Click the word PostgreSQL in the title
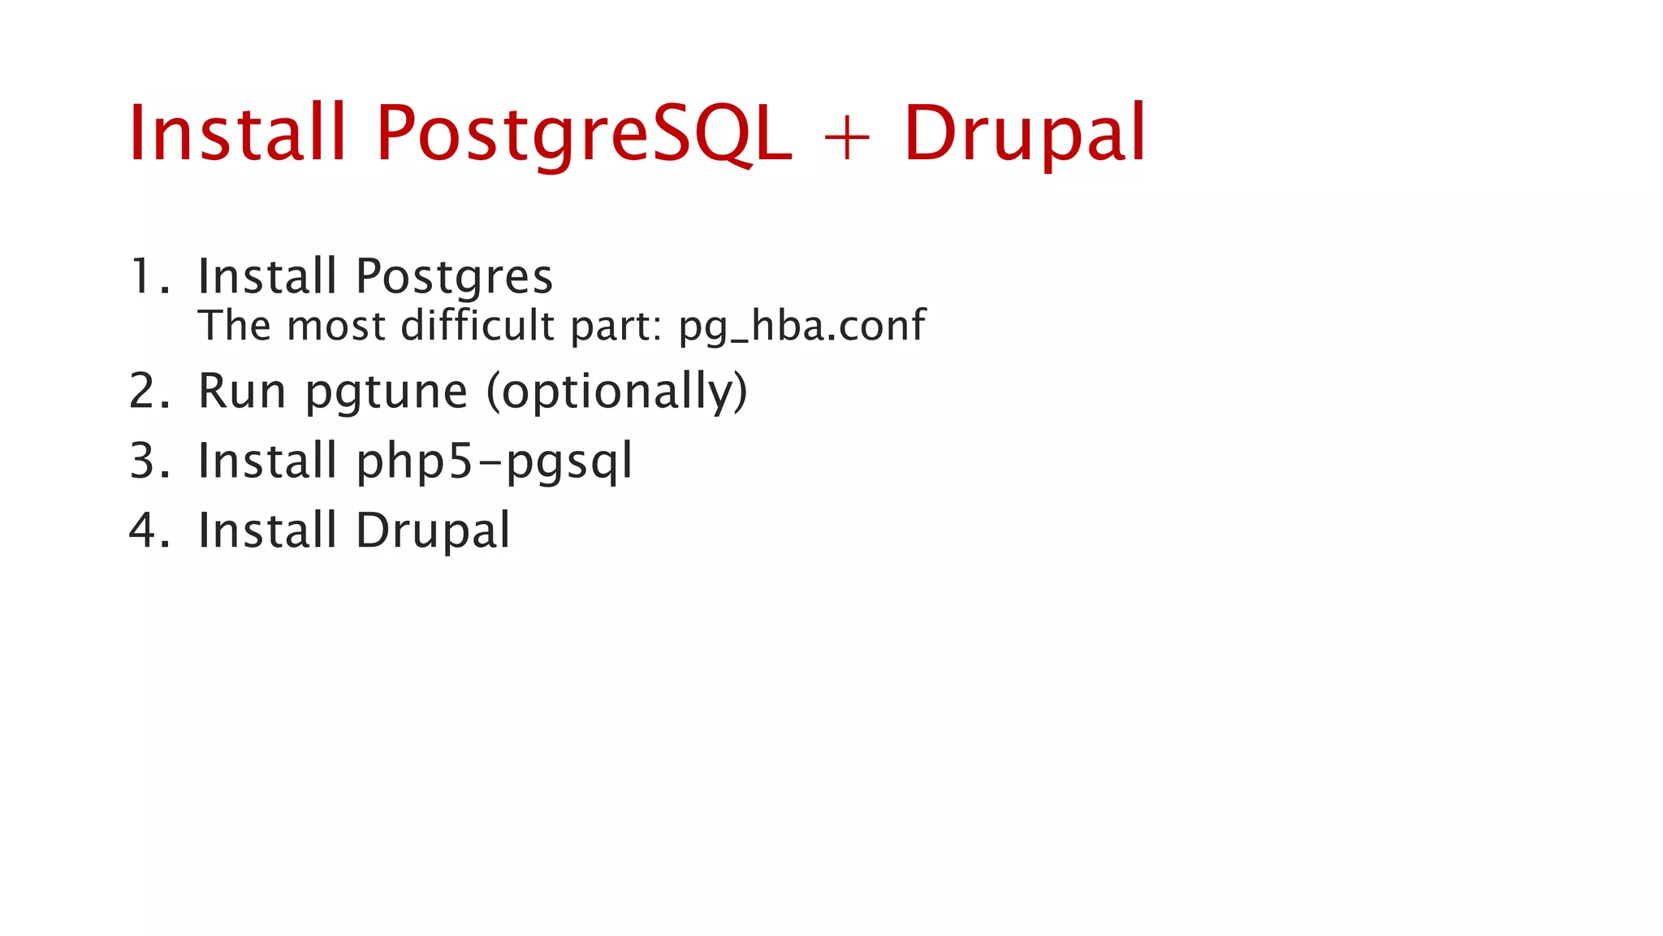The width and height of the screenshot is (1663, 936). tap(583, 134)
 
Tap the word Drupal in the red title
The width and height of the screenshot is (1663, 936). tap(1025, 134)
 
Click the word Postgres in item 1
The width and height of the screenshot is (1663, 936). tap(455, 278)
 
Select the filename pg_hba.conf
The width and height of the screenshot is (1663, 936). tap(801, 327)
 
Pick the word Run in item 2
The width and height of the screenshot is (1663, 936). tap(242, 391)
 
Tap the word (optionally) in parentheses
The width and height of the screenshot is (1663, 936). tap(616, 392)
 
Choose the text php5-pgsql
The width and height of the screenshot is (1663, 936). tap(494, 462)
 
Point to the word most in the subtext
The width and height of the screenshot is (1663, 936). tap(336, 327)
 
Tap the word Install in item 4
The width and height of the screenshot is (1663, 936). tap(267, 530)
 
